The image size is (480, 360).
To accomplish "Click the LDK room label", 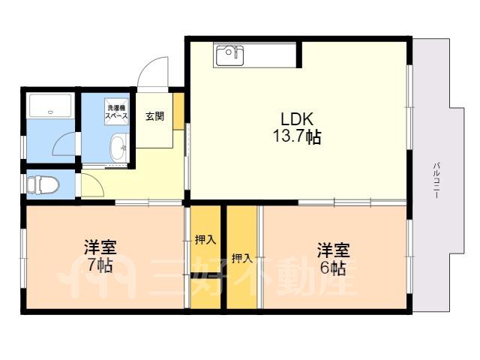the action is click(x=297, y=119).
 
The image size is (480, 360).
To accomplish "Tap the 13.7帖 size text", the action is click(x=297, y=136).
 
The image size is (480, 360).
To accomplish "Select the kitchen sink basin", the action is click(x=229, y=55).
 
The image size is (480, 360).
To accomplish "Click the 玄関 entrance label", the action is click(x=155, y=116).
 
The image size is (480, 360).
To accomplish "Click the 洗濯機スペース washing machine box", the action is click(x=116, y=112).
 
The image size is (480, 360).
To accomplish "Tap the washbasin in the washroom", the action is click(x=118, y=148).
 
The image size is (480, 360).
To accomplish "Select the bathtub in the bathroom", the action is click(x=51, y=106).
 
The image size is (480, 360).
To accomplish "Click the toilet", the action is click(x=43, y=184).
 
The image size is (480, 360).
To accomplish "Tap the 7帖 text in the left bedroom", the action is click(x=100, y=265).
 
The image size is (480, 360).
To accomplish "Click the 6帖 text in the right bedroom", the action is click(x=333, y=268).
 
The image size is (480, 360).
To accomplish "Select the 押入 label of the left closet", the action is click(x=205, y=240).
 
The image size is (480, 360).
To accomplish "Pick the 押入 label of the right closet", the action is click(x=242, y=259).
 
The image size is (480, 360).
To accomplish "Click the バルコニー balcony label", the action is click(x=436, y=181).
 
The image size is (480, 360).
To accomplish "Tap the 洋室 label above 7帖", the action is click(x=100, y=248).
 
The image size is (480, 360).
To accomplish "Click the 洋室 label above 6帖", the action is click(x=333, y=250).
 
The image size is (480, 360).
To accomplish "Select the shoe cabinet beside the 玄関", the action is click(x=178, y=112).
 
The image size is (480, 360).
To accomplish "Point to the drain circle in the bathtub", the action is click(x=51, y=112).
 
